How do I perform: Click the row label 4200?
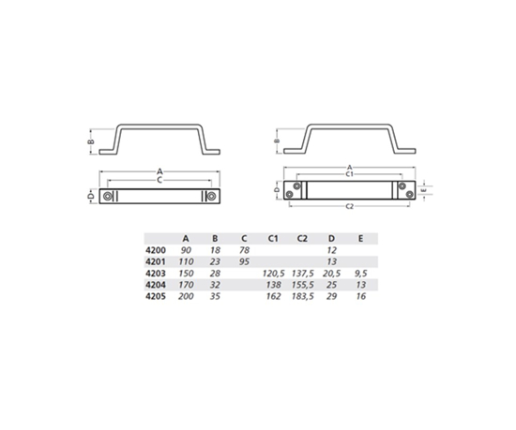pyautogui.click(x=156, y=250)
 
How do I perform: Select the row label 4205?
pyautogui.click(x=156, y=296)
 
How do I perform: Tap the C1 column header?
pyautogui.click(x=272, y=239)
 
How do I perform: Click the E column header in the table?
pyautogui.click(x=360, y=239)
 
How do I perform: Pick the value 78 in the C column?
pyautogui.click(x=244, y=250)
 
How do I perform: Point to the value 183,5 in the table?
pyautogui.click(x=302, y=296)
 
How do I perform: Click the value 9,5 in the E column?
pyautogui.click(x=361, y=274)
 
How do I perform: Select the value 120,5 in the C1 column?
pyautogui.click(x=273, y=274)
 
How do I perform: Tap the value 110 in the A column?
pyautogui.click(x=186, y=261)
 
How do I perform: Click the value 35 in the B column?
pyautogui.click(x=215, y=296)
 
